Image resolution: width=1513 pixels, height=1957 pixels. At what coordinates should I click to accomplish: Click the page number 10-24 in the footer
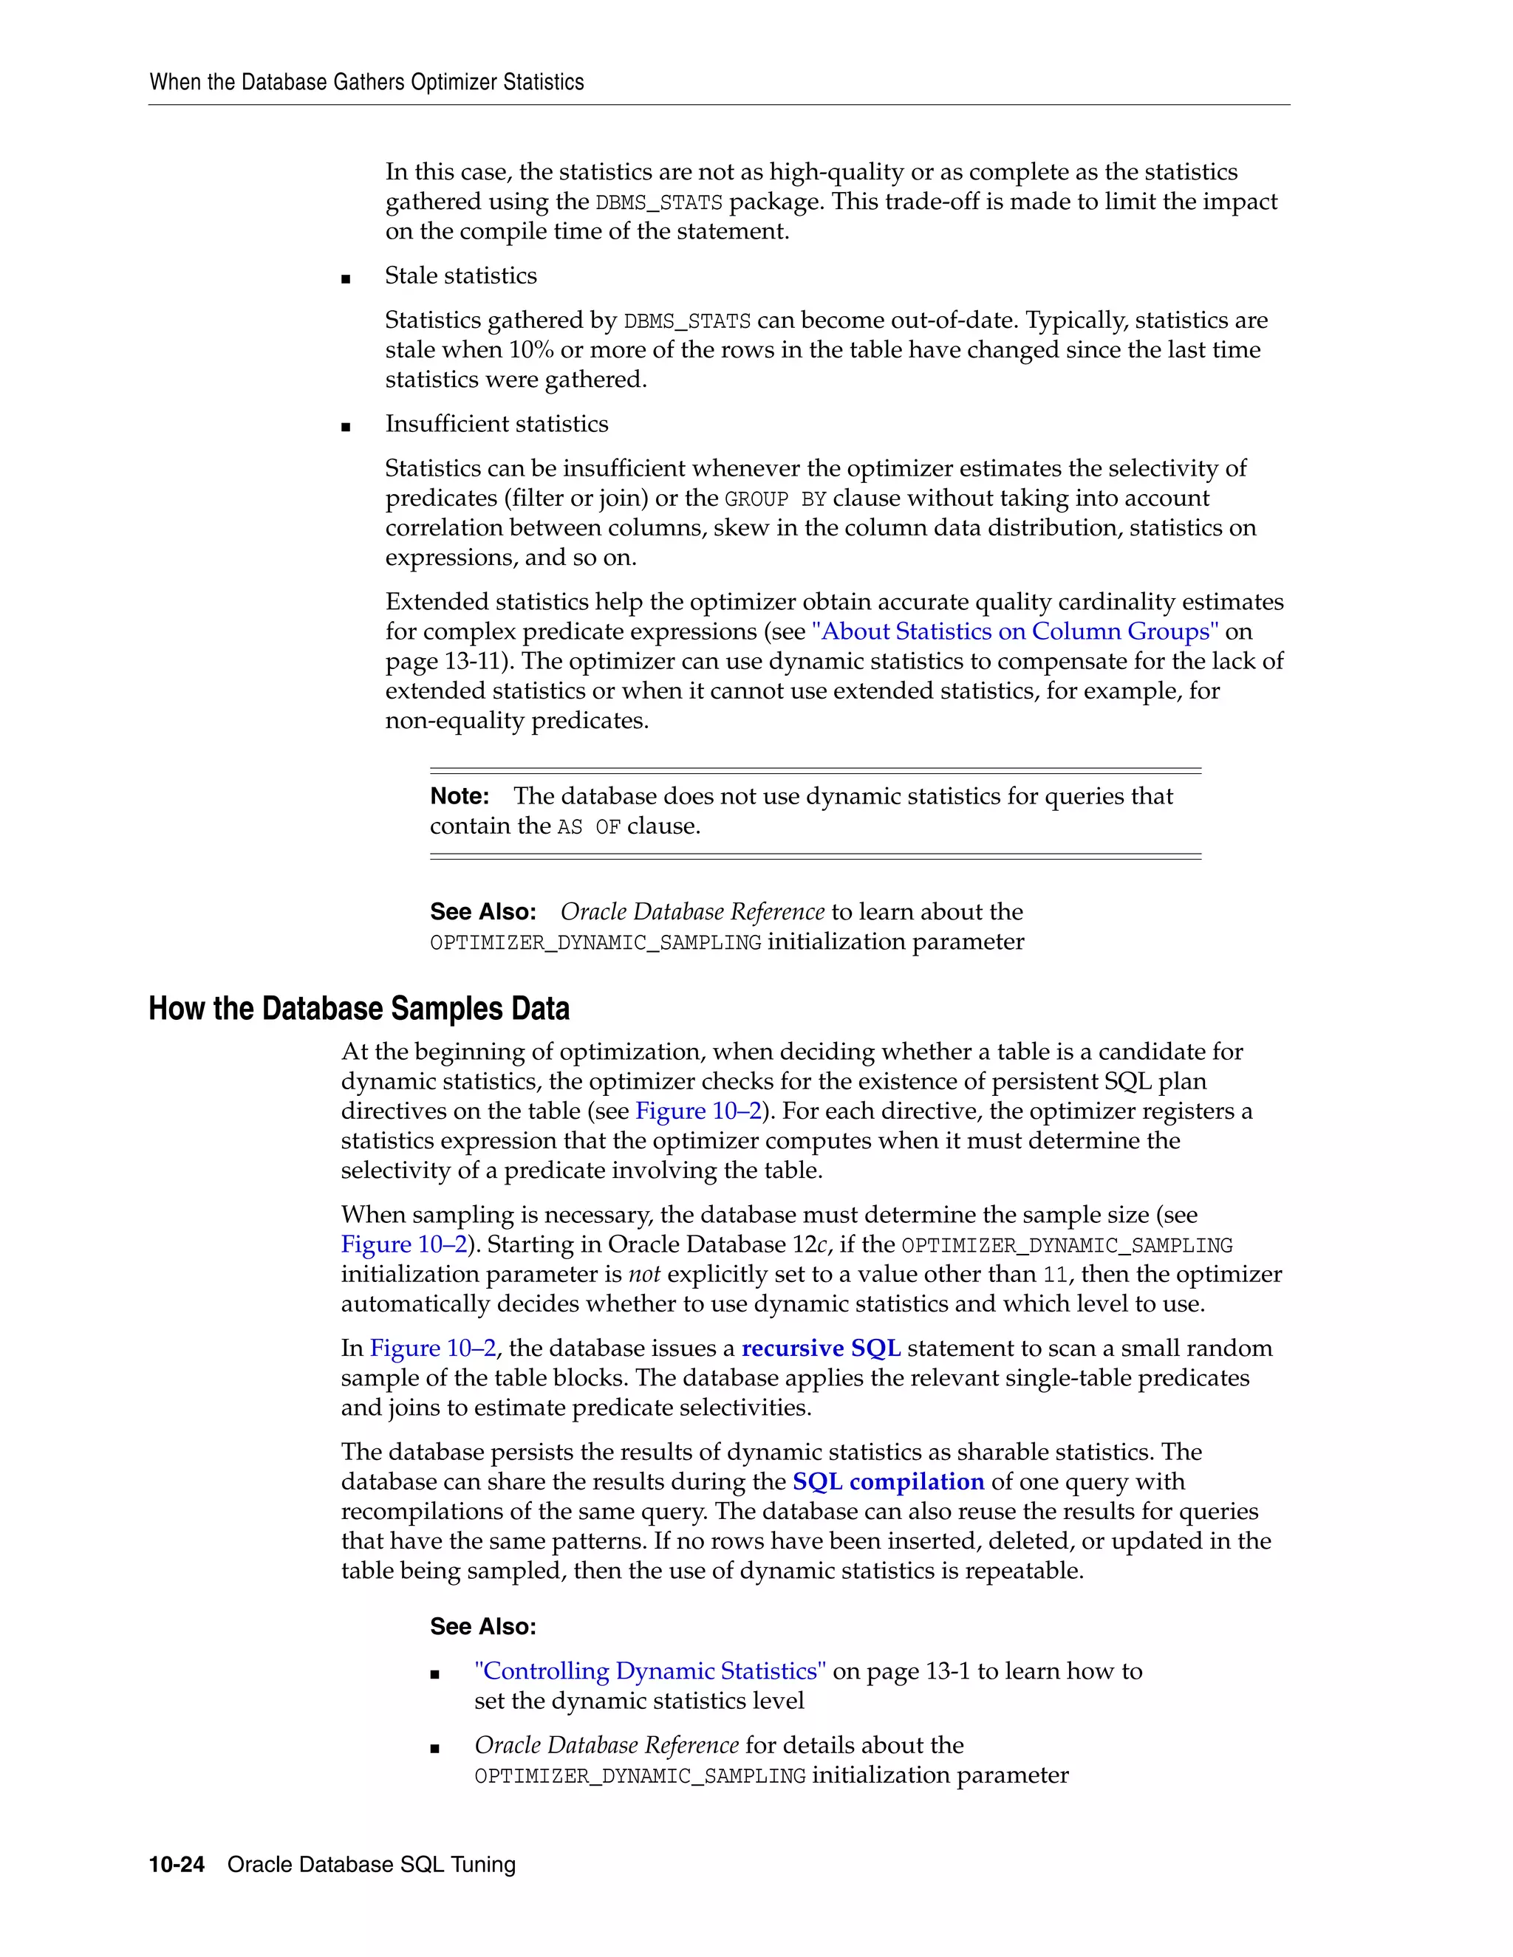(177, 1865)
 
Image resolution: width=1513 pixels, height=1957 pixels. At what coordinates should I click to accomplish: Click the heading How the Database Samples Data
(358, 1009)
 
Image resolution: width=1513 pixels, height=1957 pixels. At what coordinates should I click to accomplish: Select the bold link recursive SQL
(821, 1348)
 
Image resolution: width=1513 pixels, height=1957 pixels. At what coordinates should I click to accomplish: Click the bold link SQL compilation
(888, 1482)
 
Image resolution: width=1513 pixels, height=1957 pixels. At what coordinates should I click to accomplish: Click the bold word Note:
(460, 797)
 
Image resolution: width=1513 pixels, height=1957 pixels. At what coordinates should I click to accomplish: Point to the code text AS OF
(589, 827)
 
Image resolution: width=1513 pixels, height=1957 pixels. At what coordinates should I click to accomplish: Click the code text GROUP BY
(775, 499)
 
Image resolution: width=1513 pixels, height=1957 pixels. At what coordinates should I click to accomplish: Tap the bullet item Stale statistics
(461, 276)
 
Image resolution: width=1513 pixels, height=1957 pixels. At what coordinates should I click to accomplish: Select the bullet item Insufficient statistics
(496, 424)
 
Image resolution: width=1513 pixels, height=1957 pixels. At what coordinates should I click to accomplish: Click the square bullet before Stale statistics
(346, 278)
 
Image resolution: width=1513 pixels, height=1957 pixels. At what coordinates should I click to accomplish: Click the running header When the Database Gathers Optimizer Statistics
(366, 83)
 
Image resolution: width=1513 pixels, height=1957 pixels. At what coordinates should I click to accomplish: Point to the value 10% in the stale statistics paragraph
(530, 350)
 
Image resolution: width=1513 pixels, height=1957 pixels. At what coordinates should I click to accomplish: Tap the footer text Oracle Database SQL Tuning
(371, 1865)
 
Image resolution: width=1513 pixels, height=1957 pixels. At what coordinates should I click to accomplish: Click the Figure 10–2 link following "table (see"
(698, 1111)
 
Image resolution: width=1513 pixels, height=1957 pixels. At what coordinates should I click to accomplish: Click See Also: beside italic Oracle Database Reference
(483, 912)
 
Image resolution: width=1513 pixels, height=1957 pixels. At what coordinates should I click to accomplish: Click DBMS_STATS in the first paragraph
(659, 202)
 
